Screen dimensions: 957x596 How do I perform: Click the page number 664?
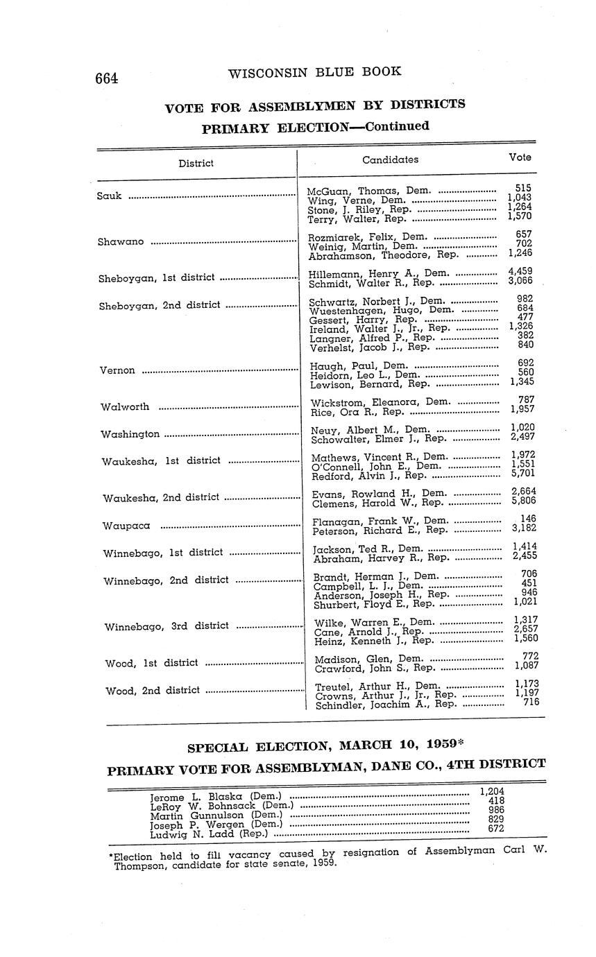tap(107, 78)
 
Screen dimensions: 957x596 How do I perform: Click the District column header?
tap(196, 164)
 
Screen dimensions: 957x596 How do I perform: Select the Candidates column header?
tap(390, 159)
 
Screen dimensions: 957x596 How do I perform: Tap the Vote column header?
tap(520, 157)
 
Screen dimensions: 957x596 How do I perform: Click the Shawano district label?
tap(121, 242)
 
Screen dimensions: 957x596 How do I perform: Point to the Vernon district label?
tap(117, 370)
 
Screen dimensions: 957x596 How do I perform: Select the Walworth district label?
tap(125, 407)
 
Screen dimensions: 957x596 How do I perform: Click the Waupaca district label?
tap(126, 526)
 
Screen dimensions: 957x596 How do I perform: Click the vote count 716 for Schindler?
tap(531, 702)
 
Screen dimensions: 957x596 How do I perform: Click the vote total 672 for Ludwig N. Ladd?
tap(495, 829)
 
